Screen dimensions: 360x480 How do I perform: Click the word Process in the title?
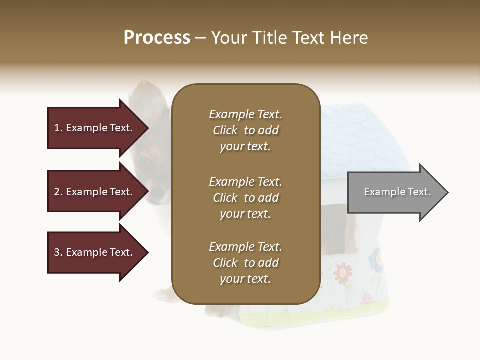pos(157,38)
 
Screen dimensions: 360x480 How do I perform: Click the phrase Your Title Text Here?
pos(289,38)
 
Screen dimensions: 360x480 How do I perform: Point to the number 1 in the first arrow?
pos(57,128)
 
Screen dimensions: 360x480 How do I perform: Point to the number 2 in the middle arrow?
pos(57,192)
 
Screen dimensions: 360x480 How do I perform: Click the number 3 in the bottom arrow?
pos(57,252)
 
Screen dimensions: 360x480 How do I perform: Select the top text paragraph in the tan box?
pos(245,130)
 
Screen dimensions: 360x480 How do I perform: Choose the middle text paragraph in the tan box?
pos(245,198)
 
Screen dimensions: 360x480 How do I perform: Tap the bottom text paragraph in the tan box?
pos(245,263)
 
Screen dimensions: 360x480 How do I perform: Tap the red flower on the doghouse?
pos(343,273)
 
